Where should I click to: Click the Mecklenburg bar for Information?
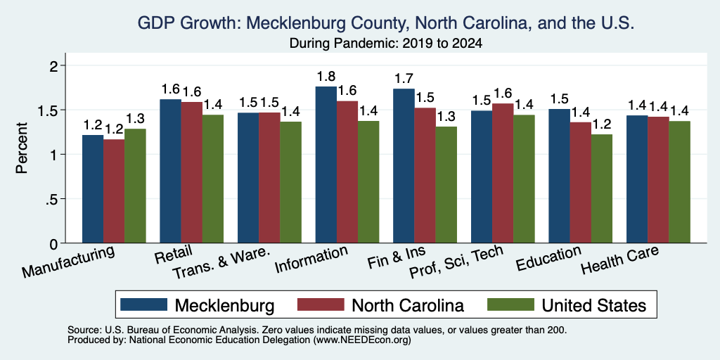[x=326, y=165]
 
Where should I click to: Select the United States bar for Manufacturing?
[x=135, y=186]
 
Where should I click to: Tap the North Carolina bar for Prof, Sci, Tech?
[x=503, y=173]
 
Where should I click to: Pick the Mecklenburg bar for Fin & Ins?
[x=404, y=166]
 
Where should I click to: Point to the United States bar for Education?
[x=602, y=188]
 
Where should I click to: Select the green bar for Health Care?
[x=680, y=182]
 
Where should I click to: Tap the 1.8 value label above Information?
[x=326, y=76]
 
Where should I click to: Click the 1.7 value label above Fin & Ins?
[x=404, y=79]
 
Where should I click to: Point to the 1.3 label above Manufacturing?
[x=135, y=119]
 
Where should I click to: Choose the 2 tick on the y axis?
[x=55, y=65]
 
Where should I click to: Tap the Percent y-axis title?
[x=22, y=148]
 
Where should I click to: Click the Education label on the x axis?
[x=548, y=259]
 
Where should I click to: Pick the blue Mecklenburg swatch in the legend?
[x=143, y=304]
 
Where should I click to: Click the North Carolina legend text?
[x=408, y=305]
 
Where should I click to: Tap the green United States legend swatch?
[x=510, y=304]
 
